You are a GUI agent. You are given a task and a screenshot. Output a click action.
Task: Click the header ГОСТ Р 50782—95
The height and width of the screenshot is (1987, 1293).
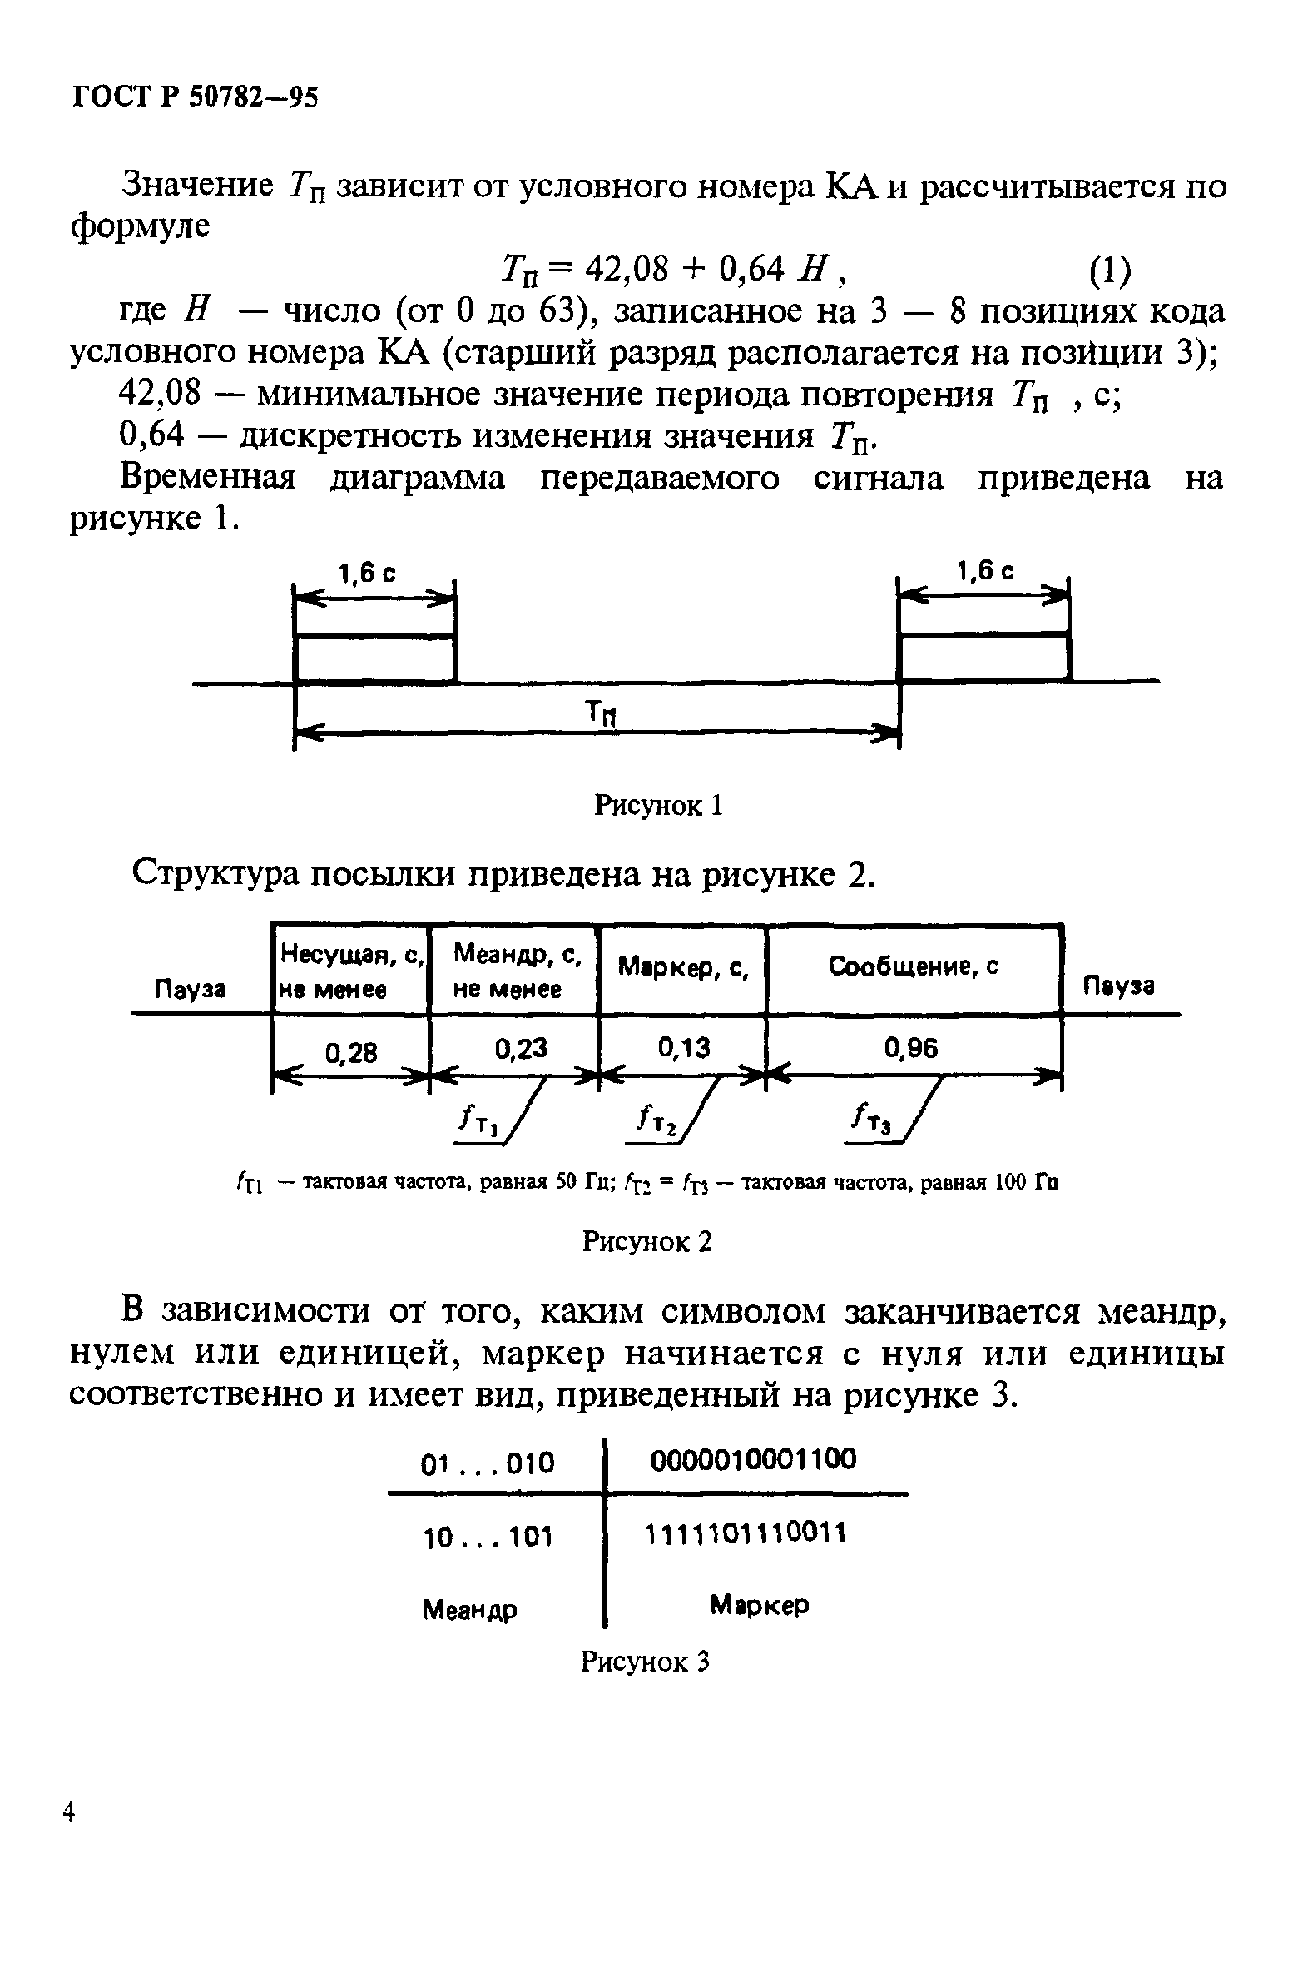click(196, 98)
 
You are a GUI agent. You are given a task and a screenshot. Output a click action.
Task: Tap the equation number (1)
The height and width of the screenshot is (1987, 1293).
click(1111, 270)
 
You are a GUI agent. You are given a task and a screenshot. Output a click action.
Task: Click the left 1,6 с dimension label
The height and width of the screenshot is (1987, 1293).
click(366, 574)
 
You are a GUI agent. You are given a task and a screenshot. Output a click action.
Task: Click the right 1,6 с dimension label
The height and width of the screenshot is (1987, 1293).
click(985, 571)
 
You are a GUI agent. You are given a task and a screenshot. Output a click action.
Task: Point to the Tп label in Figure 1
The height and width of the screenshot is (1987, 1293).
click(599, 713)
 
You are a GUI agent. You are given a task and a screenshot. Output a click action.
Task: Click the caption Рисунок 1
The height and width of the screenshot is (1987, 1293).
click(658, 805)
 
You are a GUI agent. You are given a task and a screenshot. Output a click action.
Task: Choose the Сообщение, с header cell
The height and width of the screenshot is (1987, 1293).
click(914, 966)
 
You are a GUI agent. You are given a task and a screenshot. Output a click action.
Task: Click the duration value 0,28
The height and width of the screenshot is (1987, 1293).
click(351, 1053)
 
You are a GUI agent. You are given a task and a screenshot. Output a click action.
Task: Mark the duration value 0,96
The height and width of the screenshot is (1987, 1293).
click(912, 1047)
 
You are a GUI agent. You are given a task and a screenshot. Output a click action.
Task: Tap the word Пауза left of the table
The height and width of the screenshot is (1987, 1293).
click(191, 989)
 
